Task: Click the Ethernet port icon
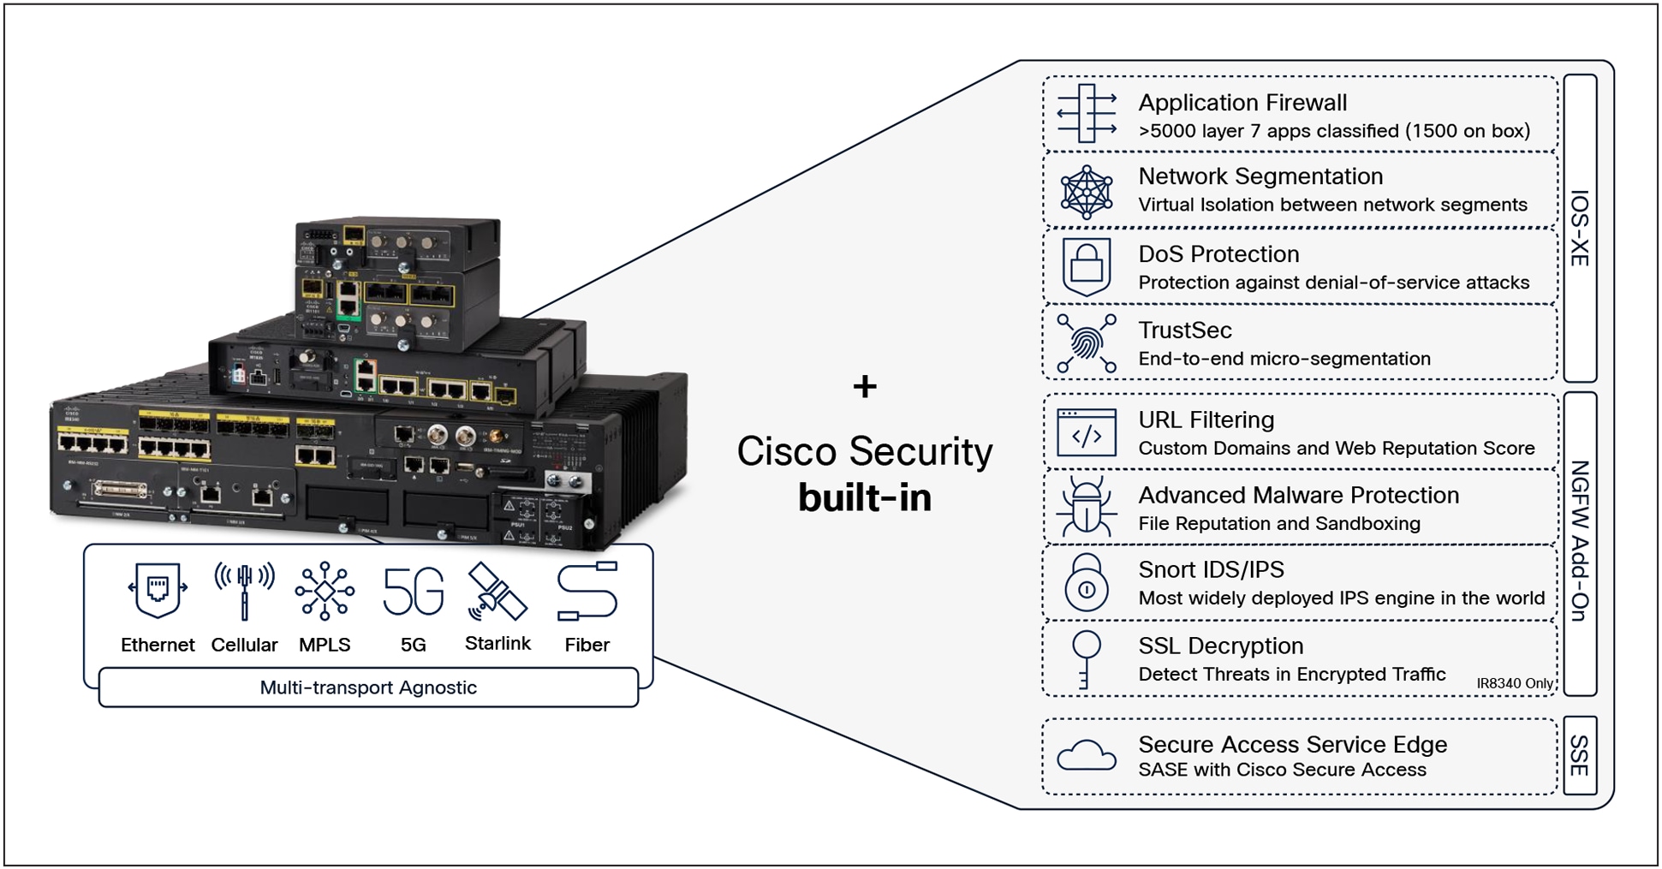[x=157, y=590]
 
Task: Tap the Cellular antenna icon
[x=244, y=590]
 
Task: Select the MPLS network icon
[x=325, y=590]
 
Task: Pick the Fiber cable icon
[x=587, y=591]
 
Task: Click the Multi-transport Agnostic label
[x=368, y=687]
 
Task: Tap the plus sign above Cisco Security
[x=865, y=387]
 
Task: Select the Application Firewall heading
[x=1242, y=103]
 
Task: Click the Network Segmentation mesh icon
[x=1086, y=192]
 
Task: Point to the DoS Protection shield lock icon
[x=1086, y=266]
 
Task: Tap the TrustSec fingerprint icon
[x=1086, y=343]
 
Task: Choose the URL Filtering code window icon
[x=1086, y=433]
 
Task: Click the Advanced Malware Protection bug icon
[x=1086, y=508]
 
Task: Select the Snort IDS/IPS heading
[x=1211, y=570]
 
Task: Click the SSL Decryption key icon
[x=1086, y=658]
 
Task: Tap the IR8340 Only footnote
[x=1514, y=683]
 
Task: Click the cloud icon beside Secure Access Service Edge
[x=1086, y=756]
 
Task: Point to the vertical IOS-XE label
[x=1580, y=228]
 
